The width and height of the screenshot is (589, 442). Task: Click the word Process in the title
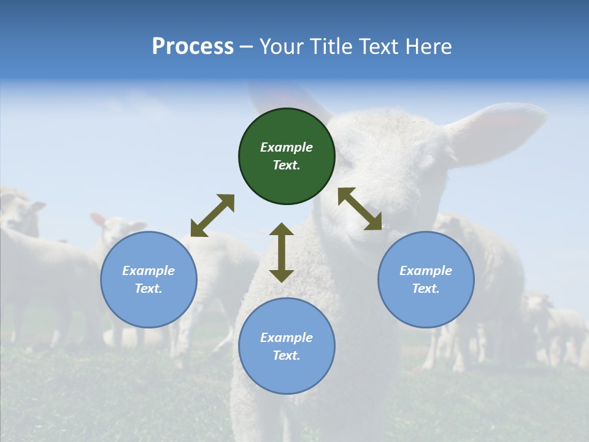click(193, 47)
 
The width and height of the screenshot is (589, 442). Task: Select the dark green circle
click(287, 157)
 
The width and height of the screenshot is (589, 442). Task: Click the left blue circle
click(148, 279)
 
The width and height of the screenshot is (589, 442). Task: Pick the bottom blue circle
click(287, 346)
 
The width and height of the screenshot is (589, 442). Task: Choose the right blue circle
click(426, 279)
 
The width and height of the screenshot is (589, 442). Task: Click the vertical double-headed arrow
click(282, 252)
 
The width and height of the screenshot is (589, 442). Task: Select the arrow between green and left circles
click(212, 215)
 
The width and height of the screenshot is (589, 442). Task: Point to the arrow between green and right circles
click(360, 209)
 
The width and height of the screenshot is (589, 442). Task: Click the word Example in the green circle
click(287, 147)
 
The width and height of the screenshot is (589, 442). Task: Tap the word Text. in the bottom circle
click(287, 355)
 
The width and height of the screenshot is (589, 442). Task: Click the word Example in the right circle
click(426, 271)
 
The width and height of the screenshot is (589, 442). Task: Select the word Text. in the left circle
click(148, 289)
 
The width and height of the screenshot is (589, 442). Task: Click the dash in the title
click(247, 47)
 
